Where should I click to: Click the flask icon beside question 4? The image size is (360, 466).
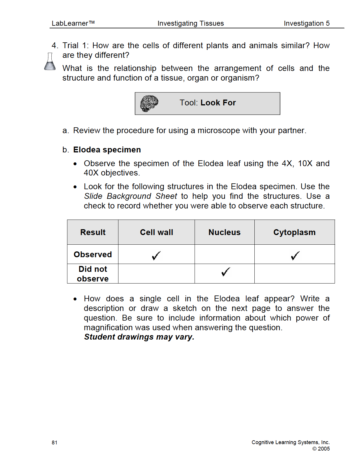point(50,62)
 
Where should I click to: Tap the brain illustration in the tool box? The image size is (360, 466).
point(149,103)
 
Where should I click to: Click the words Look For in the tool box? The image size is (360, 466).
point(218,103)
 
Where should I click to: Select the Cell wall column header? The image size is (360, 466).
point(156,232)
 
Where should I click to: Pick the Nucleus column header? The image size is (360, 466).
point(224,232)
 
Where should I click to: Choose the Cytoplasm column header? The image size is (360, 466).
point(294,232)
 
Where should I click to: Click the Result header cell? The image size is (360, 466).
point(93,232)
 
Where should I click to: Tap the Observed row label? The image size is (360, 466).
point(93,255)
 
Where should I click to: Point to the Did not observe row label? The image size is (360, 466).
point(93,274)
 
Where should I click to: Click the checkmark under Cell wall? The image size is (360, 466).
point(156,256)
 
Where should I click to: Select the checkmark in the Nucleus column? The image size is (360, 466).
point(226,272)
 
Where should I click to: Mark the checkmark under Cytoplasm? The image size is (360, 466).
point(295,256)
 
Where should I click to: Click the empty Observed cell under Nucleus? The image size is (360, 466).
point(224,254)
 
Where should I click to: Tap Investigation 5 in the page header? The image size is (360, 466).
point(307,23)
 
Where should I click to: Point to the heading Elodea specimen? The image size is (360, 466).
point(107,150)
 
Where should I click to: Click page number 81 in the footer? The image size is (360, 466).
point(55,443)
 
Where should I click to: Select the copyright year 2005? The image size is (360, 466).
point(324,449)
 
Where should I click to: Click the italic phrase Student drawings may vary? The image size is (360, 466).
point(139,337)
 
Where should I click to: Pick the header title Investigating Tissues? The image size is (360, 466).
point(191,23)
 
